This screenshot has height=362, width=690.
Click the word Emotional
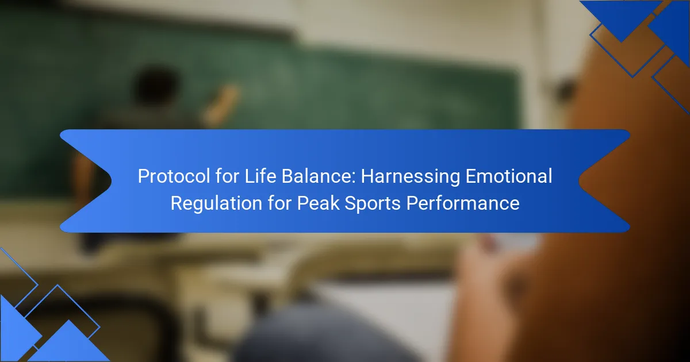pyautogui.click(x=509, y=176)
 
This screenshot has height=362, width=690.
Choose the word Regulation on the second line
pyautogui.click(x=216, y=204)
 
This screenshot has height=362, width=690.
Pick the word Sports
pyautogui.click(x=372, y=204)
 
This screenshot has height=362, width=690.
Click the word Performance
pyautogui.click(x=463, y=203)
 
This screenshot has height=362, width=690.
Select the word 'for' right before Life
pyautogui.click(x=228, y=176)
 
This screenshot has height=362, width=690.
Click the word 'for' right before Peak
pyautogui.click(x=279, y=203)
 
